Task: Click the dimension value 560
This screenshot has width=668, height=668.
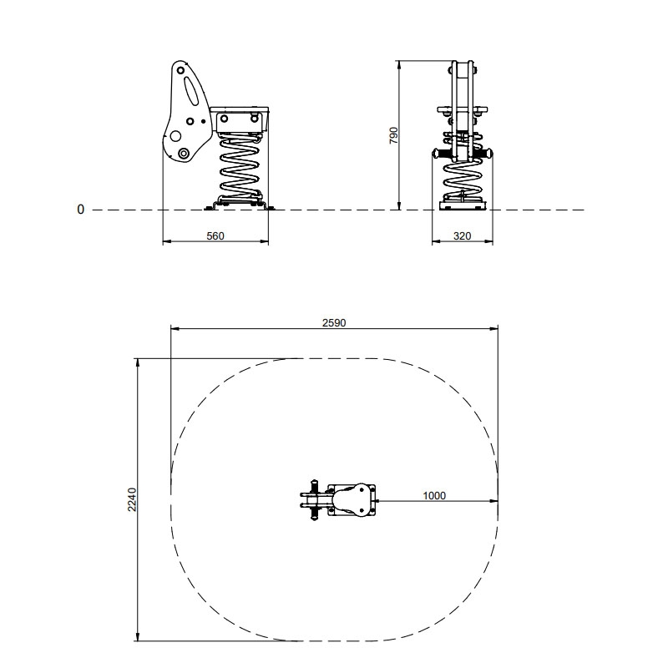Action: [215, 236]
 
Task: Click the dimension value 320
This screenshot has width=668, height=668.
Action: [463, 236]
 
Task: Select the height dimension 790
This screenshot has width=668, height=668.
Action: [393, 135]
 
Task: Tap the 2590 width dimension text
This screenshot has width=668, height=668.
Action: [334, 323]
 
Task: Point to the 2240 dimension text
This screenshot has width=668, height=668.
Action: [132, 499]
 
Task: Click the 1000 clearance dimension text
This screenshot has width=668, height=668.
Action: [434, 495]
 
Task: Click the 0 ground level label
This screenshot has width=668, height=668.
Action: [80, 210]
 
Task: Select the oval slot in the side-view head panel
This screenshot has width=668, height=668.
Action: [192, 90]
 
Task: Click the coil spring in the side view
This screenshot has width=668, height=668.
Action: [240, 167]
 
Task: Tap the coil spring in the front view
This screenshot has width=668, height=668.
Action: [463, 179]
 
